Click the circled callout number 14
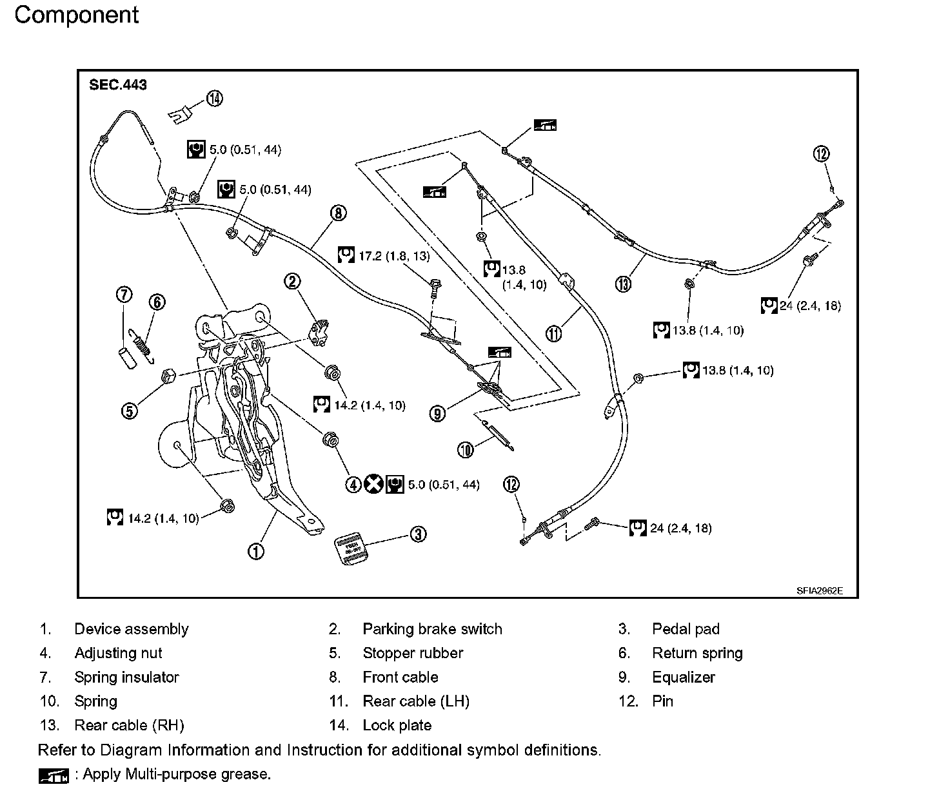click(x=214, y=99)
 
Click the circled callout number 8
click(x=338, y=212)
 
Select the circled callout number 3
click(x=419, y=534)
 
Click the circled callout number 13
click(x=622, y=284)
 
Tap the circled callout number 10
click(x=465, y=449)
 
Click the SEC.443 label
click(x=118, y=85)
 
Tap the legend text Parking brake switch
click(x=432, y=629)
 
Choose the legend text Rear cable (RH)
click(x=129, y=725)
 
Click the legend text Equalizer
click(x=684, y=677)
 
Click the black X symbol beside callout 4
click(x=373, y=483)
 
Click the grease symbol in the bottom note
click(x=54, y=776)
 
